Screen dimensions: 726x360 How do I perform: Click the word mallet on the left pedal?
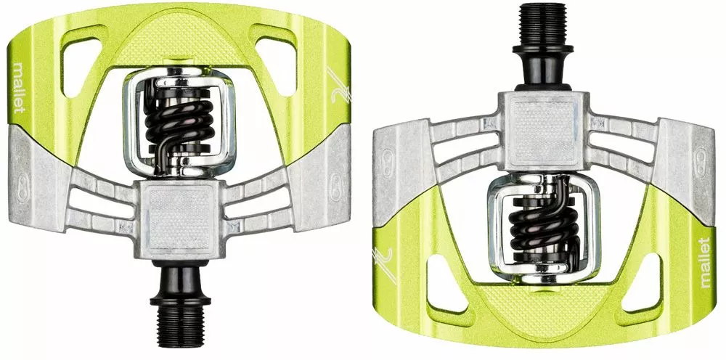(20, 87)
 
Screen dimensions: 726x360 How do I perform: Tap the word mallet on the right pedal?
(704, 262)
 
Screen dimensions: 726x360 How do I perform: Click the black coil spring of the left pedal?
(179, 124)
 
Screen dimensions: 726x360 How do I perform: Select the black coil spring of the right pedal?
(544, 223)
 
